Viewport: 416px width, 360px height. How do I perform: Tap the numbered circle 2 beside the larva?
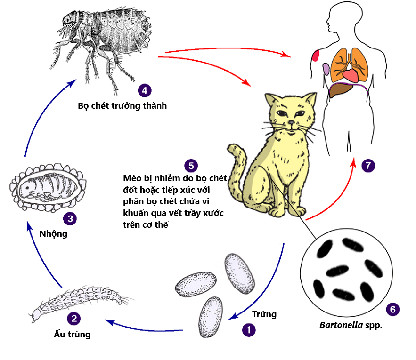click(x=73, y=319)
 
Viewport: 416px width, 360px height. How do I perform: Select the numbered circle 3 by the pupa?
click(x=70, y=218)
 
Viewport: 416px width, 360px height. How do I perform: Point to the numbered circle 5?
click(x=191, y=165)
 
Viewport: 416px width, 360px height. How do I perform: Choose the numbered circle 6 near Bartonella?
click(x=392, y=309)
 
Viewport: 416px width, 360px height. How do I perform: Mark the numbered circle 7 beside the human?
click(x=368, y=165)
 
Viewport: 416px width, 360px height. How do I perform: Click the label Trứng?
click(x=264, y=314)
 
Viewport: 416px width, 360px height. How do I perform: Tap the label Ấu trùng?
click(x=72, y=335)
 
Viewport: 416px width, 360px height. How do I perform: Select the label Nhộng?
click(x=53, y=233)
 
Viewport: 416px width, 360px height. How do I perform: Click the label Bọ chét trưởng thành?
click(x=122, y=105)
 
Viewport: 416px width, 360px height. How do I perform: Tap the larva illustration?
click(x=75, y=301)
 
